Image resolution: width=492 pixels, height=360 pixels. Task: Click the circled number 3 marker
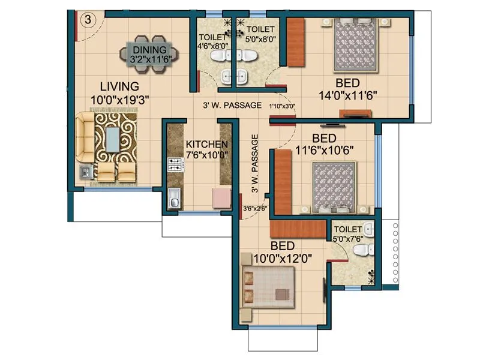click(88, 19)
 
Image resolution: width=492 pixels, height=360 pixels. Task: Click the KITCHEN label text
click(206, 145)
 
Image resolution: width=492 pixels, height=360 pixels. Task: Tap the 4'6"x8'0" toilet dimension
click(214, 44)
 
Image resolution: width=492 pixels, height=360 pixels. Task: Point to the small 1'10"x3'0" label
click(282, 106)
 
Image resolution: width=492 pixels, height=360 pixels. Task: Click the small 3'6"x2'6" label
click(254, 209)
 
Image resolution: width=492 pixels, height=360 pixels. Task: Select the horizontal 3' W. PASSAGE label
click(231, 105)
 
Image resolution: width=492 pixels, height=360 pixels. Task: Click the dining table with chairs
click(148, 55)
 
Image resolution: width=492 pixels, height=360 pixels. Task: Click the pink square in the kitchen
click(222, 197)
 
